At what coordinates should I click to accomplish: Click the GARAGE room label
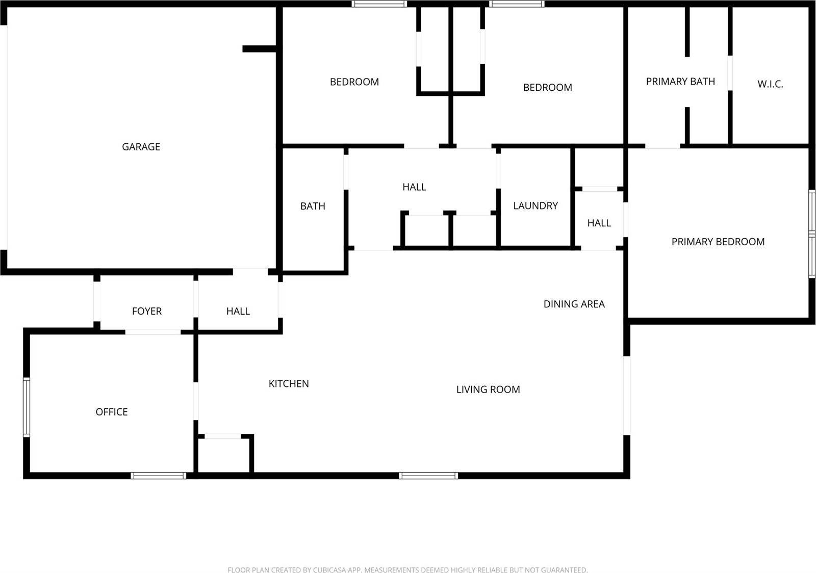tap(141, 147)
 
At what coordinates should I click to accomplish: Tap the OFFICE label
tap(112, 412)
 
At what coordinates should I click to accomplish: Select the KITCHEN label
tap(289, 384)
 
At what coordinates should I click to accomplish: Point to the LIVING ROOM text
tap(488, 389)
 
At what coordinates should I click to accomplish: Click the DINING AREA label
tap(574, 304)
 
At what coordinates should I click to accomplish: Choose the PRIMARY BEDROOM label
tap(718, 242)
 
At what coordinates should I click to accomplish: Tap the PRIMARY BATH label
tap(680, 82)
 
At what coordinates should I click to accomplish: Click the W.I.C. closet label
tap(770, 85)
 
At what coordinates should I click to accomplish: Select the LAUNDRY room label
tap(535, 206)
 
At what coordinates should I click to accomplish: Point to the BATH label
tap(313, 206)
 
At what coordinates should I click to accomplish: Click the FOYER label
tap(147, 311)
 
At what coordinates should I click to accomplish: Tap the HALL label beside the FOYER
tap(238, 311)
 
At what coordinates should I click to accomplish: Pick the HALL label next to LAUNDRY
tap(599, 223)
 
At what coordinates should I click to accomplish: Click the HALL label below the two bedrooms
tap(414, 187)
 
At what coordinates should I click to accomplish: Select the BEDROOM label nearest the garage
tap(354, 82)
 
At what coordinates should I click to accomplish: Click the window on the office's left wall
tap(27, 407)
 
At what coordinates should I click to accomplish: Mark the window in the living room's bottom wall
tap(428, 476)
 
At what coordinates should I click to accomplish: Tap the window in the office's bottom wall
tap(158, 476)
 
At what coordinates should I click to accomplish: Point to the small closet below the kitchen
tap(223, 455)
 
